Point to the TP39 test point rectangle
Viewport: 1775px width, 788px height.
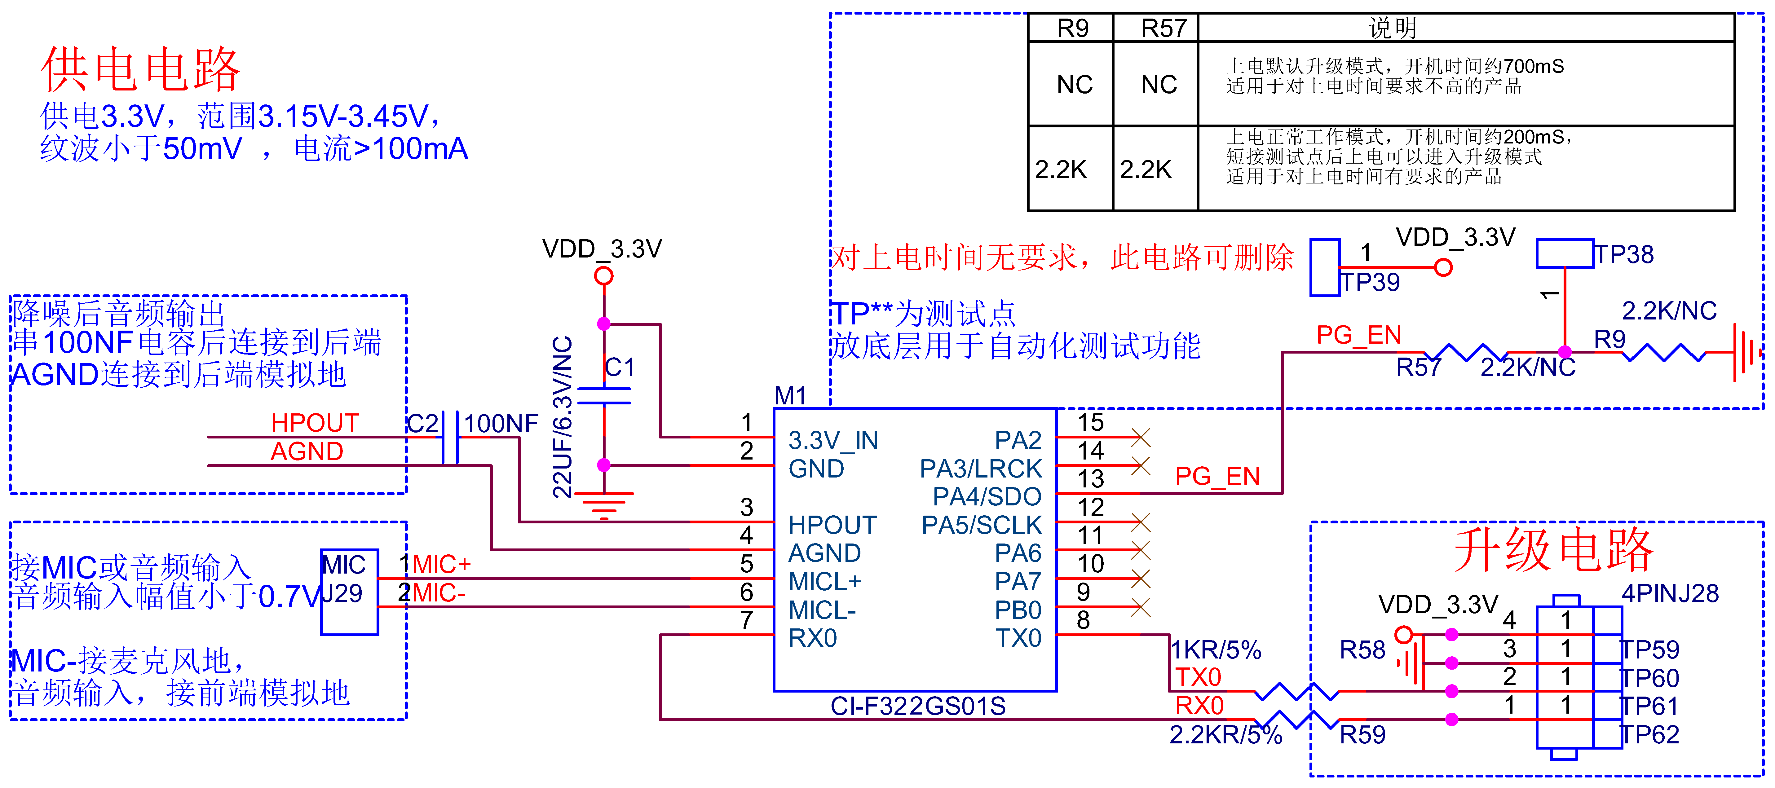[1324, 267]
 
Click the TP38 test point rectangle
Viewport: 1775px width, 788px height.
[1564, 253]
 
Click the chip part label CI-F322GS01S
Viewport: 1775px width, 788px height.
[918, 706]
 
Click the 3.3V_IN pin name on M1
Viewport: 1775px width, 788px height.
[833, 440]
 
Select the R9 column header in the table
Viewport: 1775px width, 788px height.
[1072, 28]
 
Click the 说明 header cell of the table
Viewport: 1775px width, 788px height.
[1392, 28]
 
